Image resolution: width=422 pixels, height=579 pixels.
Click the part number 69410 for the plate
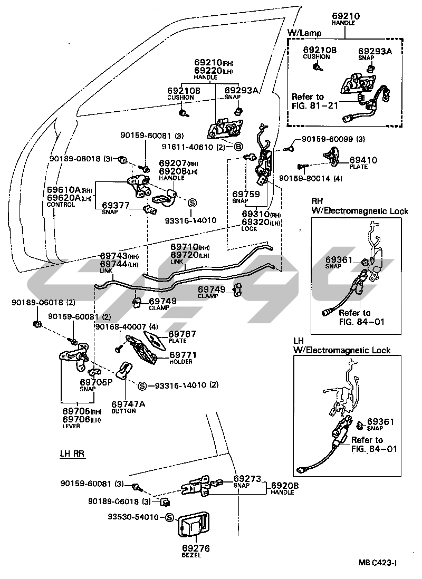(363, 160)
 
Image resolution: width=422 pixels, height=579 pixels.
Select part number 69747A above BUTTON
(128, 403)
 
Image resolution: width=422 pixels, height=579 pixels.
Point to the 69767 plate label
(182, 334)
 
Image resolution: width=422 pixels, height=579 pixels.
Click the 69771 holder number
(183, 355)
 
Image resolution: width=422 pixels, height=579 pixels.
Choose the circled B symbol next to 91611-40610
(238, 147)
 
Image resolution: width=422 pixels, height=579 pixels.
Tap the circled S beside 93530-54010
(169, 517)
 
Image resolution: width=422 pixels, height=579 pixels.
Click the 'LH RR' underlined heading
(72, 453)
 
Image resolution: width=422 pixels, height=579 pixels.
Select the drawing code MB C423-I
(378, 563)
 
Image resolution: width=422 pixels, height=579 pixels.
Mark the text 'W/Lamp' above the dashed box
(304, 33)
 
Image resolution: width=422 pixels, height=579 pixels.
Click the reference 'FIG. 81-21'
(315, 105)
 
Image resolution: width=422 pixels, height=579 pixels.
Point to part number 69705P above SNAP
(96, 382)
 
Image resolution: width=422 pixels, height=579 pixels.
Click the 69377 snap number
(116, 205)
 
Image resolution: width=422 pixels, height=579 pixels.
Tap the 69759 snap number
(246, 194)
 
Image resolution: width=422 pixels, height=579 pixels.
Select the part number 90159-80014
(305, 178)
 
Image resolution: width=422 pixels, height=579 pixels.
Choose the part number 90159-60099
(328, 139)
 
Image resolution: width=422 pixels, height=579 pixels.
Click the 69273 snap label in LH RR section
(247, 479)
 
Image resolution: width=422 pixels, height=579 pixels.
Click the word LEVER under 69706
(71, 426)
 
